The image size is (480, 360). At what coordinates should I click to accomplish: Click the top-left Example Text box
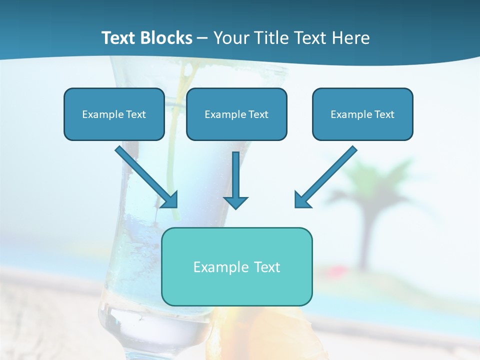click(114, 114)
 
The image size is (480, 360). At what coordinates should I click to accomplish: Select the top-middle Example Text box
click(236, 114)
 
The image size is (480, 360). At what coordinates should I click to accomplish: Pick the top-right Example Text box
click(362, 114)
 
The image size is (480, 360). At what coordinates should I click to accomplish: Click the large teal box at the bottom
click(236, 266)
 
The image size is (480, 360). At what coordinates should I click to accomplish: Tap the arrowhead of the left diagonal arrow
click(170, 200)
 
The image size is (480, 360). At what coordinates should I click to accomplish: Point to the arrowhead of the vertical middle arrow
click(235, 202)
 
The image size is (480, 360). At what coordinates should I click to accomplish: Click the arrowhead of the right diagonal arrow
click(302, 200)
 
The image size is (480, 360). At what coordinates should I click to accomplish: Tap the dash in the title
click(202, 38)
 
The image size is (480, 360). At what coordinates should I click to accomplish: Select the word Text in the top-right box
click(384, 114)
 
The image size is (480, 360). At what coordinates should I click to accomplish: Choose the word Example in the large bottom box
click(214, 267)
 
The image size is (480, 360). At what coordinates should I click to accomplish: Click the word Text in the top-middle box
click(258, 114)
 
